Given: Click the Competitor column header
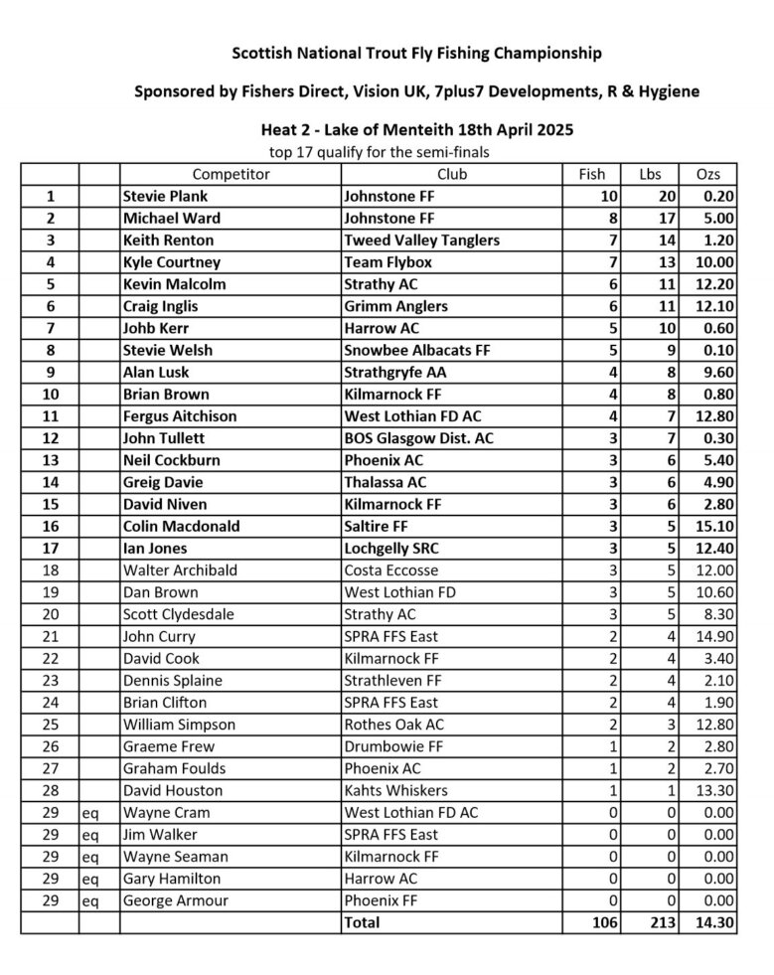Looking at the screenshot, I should pyautogui.click(x=231, y=174).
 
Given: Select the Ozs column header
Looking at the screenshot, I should pyautogui.click(x=708, y=174).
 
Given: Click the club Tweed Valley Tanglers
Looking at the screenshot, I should pyautogui.click(x=421, y=240).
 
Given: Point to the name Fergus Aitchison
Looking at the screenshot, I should pyautogui.click(x=180, y=416).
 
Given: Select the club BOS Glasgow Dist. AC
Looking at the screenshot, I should pyautogui.click(x=418, y=438).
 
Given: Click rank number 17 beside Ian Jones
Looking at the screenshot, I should pyautogui.click(x=51, y=548).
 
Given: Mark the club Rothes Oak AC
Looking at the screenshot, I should pyautogui.click(x=393, y=725).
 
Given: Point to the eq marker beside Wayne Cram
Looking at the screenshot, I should pyautogui.click(x=90, y=813).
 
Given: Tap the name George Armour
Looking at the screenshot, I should pyautogui.click(x=176, y=900).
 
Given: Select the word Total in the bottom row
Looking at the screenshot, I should pyautogui.click(x=362, y=922).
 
